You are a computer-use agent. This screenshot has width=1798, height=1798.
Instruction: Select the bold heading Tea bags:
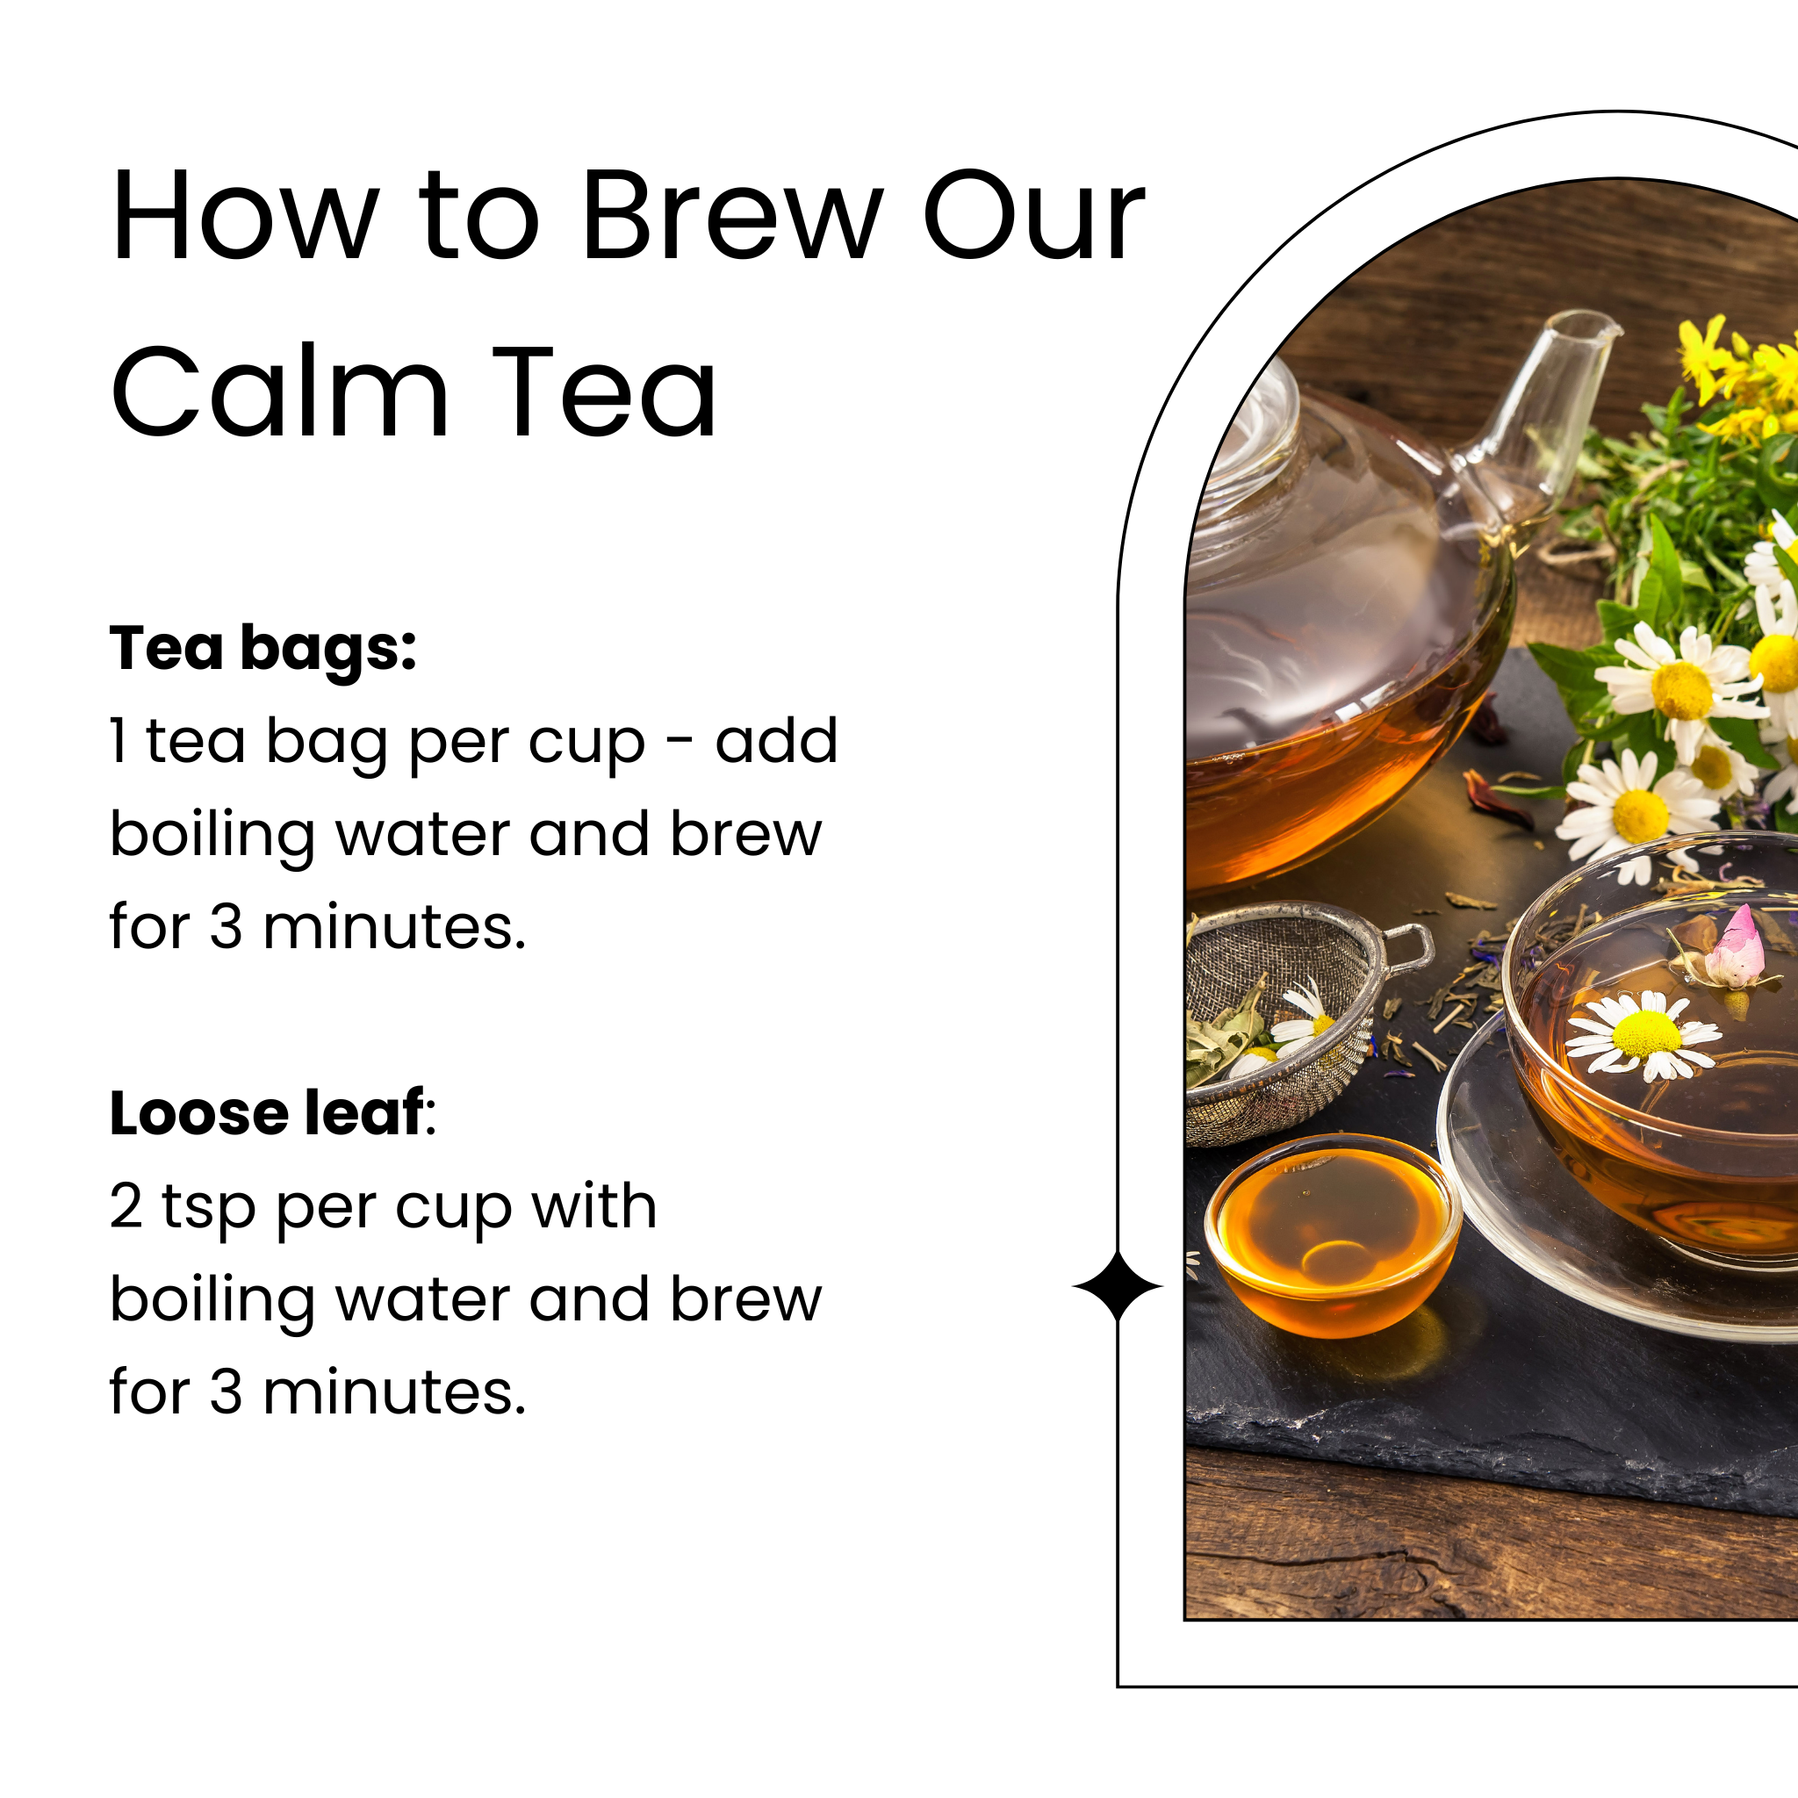263,648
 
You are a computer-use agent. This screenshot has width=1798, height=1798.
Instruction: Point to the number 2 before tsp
126,1206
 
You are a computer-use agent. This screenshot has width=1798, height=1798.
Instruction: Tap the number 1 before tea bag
119,741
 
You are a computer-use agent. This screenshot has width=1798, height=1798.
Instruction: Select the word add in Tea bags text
776,741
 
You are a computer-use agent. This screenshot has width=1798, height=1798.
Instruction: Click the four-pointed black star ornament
1118,1286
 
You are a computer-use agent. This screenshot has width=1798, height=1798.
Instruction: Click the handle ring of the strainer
1410,947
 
